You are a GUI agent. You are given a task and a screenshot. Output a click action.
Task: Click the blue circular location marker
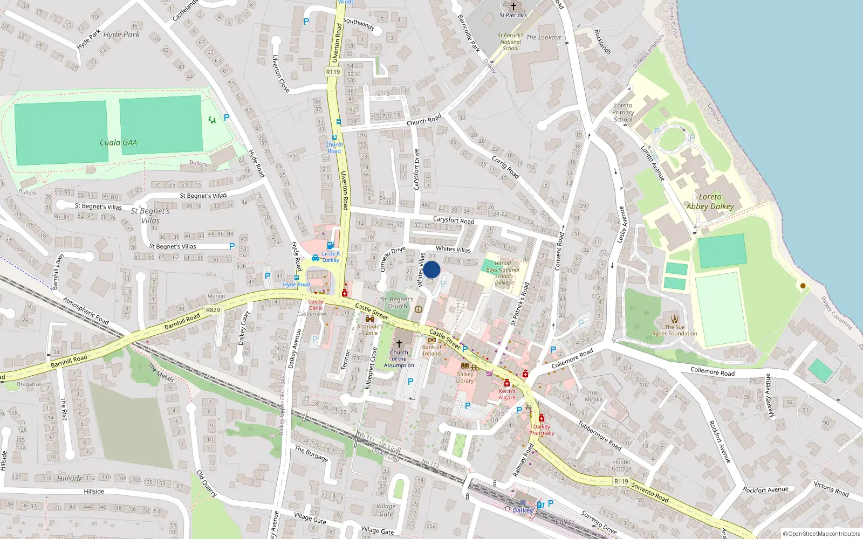coord(432,269)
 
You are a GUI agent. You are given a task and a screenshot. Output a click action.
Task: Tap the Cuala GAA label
coord(118,143)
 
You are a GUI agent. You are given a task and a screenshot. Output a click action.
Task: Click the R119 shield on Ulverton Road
coord(333,72)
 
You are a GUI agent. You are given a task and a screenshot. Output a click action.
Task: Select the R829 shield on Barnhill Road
coord(213,310)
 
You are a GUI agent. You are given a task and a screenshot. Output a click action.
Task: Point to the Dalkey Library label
coord(465,377)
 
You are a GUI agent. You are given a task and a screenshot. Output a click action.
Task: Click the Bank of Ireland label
coord(432,350)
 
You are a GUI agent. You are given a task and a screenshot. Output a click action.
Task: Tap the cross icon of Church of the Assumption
coord(399,343)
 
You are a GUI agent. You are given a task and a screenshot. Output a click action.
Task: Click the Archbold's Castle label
coord(370,329)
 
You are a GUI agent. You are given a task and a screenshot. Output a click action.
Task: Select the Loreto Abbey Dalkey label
coord(710,202)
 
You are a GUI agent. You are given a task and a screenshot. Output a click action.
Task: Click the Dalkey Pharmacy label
coord(542,430)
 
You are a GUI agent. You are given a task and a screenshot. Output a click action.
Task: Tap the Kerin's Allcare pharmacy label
coord(507,394)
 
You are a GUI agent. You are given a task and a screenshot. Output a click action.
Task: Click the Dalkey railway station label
coord(523,510)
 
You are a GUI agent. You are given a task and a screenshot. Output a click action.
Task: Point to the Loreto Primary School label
coord(623,113)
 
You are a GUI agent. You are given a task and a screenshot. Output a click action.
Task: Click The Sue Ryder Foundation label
coord(675,330)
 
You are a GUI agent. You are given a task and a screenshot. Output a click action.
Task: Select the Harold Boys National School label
coord(503,273)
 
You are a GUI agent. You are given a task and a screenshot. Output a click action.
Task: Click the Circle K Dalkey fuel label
coord(331,257)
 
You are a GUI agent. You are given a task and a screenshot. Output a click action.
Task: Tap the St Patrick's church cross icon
coord(513,6)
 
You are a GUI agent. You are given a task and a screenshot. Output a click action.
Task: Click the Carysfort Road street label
coord(454,220)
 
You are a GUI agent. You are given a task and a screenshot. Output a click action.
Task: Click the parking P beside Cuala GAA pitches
coord(227,117)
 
